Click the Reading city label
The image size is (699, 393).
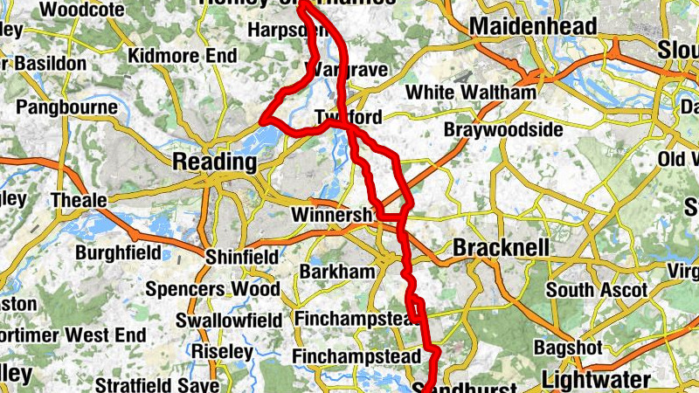pos(215,162)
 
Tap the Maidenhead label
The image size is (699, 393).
pos(533,26)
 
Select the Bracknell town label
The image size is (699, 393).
pos(501,248)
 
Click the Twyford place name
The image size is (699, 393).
pos(348,117)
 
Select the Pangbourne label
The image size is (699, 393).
pos(66,108)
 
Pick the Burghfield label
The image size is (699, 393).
pos(118,253)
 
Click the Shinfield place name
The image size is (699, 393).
pos(241,257)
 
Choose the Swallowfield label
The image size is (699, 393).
pos(224,321)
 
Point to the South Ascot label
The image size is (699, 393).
pos(596,289)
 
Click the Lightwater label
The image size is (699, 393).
pos(596,380)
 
